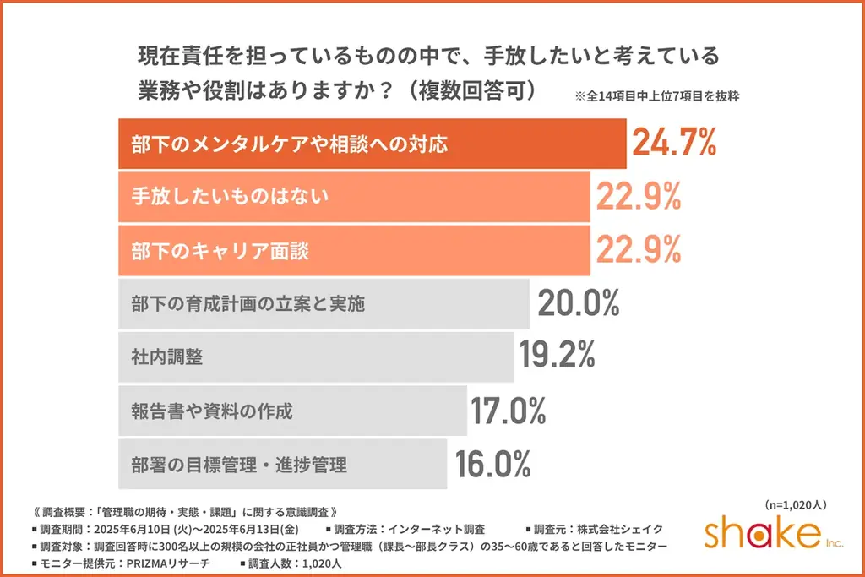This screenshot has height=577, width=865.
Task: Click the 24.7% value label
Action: tap(674, 144)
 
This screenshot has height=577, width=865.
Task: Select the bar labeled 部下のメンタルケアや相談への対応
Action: tap(372, 144)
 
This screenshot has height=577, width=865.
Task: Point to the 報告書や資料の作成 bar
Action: tap(292, 411)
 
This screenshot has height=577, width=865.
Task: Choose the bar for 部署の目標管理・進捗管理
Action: tap(282, 464)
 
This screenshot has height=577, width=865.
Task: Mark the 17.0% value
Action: tap(509, 411)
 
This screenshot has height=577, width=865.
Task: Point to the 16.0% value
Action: tap(493, 464)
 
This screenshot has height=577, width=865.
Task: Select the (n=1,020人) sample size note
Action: tap(795, 505)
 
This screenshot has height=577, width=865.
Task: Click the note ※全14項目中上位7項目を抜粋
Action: tap(657, 96)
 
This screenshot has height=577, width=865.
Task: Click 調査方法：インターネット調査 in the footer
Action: tap(410, 530)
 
